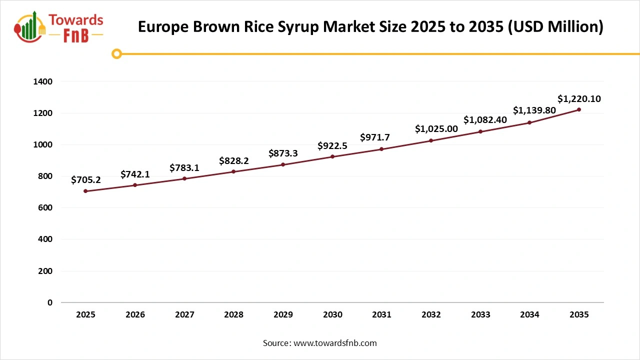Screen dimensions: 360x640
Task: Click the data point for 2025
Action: tap(85, 191)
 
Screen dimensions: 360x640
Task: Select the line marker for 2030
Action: tap(332, 157)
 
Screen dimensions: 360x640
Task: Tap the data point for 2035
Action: tap(579, 109)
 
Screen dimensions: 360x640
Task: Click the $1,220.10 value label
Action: tap(579, 99)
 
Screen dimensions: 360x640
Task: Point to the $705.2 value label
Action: tap(86, 180)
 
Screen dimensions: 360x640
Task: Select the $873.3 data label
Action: tap(283, 153)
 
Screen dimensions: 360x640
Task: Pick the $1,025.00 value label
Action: tap(436, 129)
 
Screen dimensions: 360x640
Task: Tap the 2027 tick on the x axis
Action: tap(184, 315)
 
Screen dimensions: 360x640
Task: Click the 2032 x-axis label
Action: tap(431, 315)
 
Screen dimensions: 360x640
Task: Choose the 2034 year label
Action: tap(529, 315)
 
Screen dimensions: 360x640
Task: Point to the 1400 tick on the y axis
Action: tap(43, 81)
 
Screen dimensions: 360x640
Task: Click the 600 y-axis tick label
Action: tap(45, 207)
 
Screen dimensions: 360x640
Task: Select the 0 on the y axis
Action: tap(49, 302)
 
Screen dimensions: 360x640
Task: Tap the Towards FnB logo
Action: tap(59, 27)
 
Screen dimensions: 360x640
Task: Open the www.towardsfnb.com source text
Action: tap(334, 343)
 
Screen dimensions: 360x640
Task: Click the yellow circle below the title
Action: tap(116, 53)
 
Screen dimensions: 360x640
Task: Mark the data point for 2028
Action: tap(233, 171)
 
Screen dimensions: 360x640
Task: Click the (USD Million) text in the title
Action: tap(555, 26)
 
